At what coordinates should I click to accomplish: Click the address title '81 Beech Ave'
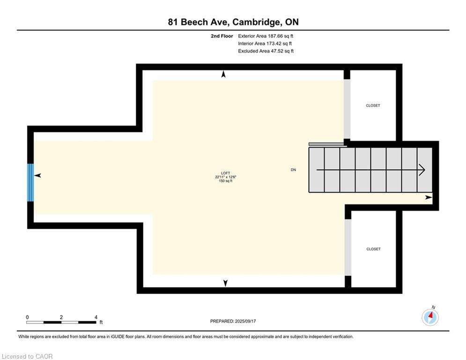point(199,22)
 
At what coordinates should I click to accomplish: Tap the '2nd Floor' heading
point(222,36)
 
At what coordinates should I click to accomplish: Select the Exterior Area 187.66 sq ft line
point(266,36)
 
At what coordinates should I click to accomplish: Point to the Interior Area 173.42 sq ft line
point(265,44)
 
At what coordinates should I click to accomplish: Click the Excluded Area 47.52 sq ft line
point(266,51)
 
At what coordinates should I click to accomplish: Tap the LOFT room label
point(226,173)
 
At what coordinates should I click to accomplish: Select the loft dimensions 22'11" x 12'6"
point(226,177)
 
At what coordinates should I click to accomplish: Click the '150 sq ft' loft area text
point(226,180)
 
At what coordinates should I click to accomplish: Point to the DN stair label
point(293,170)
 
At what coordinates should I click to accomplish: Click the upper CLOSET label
point(373,105)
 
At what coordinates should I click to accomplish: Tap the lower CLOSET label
point(374,249)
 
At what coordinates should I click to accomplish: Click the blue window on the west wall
point(30,182)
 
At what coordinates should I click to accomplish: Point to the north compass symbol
point(430,317)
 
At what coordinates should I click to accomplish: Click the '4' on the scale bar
point(96,317)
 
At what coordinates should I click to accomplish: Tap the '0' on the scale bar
point(27,317)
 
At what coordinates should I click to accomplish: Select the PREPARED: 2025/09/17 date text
point(233,321)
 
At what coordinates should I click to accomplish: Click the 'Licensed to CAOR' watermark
point(27,356)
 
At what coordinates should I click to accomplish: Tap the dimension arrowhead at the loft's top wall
point(223,74)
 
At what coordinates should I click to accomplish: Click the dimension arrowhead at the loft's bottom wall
point(225,283)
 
